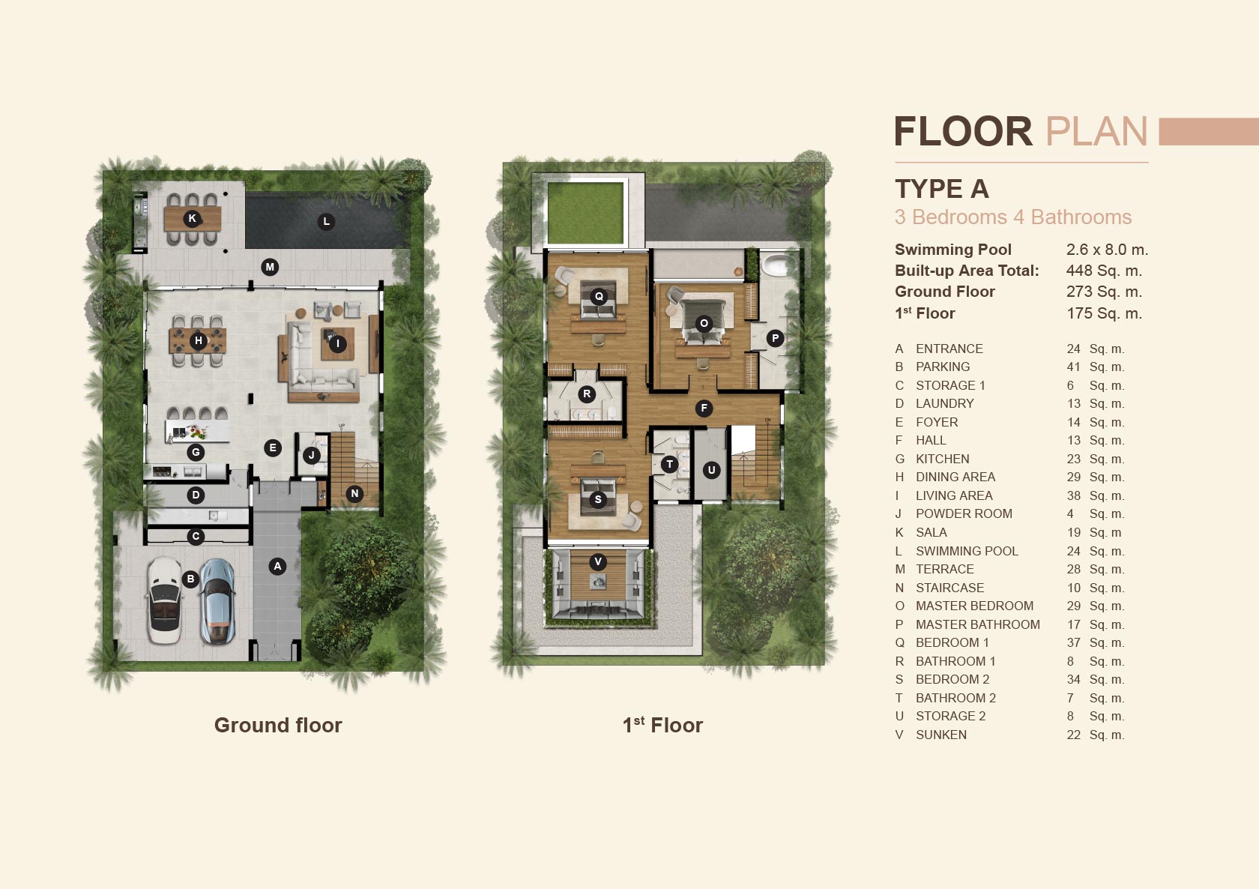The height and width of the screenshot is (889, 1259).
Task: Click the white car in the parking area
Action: (x=164, y=600)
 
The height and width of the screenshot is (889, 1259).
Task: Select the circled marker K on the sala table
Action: (x=192, y=218)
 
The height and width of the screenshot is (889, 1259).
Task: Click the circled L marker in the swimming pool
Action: (x=326, y=222)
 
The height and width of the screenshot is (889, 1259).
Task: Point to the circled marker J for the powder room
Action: (x=312, y=456)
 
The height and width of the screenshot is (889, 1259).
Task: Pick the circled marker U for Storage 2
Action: (x=712, y=470)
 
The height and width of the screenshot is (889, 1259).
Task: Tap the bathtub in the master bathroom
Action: (x=776, y=265)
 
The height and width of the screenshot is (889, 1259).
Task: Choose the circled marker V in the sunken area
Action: (x=598, y=561)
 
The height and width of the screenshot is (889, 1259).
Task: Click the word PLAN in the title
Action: (x=1096, y=132)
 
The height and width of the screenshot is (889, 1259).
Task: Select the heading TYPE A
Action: (x=942, y=189)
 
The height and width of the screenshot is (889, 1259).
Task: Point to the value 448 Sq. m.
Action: (x=1105, y=271)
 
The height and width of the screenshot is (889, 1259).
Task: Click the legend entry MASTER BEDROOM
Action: (x=974, y=606)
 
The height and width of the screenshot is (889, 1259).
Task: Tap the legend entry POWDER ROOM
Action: (x=964, y=514)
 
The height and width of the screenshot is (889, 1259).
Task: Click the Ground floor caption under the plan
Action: (x=278, y=726)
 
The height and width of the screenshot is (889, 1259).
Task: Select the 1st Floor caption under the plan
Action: (x=662, y=726)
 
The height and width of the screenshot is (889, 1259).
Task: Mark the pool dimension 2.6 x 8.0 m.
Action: (x=1108, y=250)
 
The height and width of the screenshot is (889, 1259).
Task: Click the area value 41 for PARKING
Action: (x=1073, y=367)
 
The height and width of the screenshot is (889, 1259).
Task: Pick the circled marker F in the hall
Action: (x=704, y=409)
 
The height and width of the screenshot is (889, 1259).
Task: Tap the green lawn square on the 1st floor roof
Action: (x=585, y=213)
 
